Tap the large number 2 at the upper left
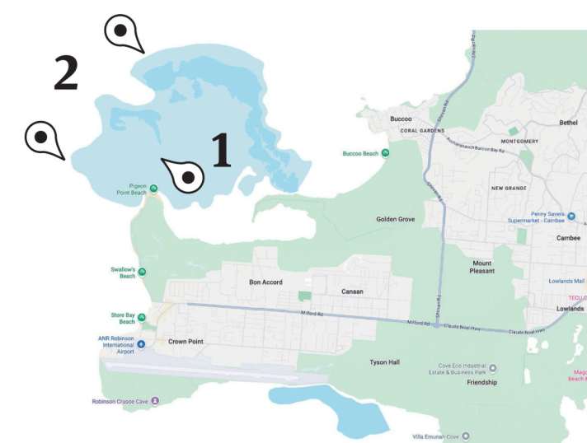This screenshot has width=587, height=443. pyautogui.click(x=66, y=73)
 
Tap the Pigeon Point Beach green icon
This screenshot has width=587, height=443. pyautogui.click(x=153, y=188)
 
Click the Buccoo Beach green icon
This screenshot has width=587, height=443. pyautogui.click(x=385, y=153)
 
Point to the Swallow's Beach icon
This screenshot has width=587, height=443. pyautogui.click(x=142, y=272)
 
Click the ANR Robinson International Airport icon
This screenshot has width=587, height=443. pyautogui.click(x=140, y=343)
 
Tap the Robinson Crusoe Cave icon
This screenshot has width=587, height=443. pyautogui.click(x=154, y=401)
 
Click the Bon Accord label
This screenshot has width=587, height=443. pyautogui.click(x=265, y=282)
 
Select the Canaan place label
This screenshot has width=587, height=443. pyautogui.click(x=352, y=291)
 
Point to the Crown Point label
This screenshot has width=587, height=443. pyautogui.click(x=185, y=342)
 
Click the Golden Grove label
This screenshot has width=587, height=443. pyautogui.click(x=396, y=219)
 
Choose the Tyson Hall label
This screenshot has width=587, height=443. pyautogui.click(x=385, y=361)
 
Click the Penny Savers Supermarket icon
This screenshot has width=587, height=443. pyautogui.click(x=571, y=216)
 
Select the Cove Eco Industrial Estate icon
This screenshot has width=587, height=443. pyautogui.click(x=493, y=368)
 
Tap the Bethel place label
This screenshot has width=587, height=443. pyautogui.click(x=569, y=123)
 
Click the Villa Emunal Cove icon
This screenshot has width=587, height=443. pyautogui.click(x=466, y=436)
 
